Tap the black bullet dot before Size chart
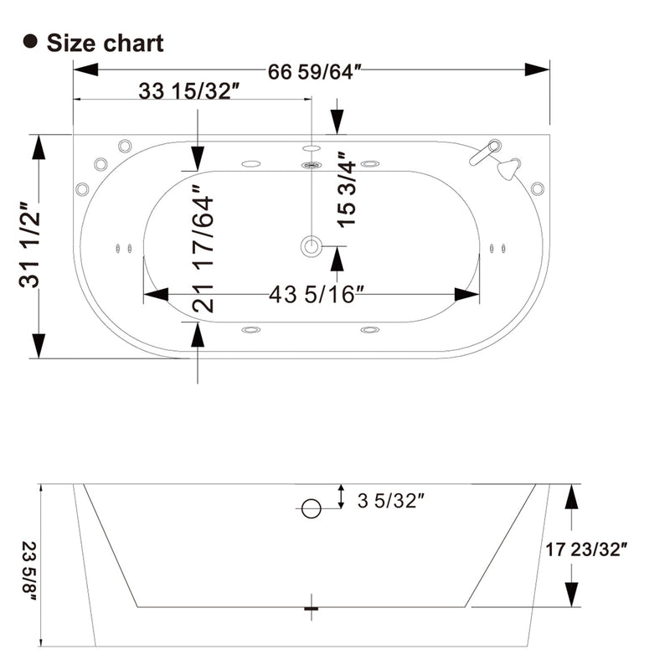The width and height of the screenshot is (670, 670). [x=32, y=42]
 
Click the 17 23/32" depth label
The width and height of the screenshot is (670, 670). [x=585, y=551]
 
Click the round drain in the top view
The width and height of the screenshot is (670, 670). [x=312, y=245]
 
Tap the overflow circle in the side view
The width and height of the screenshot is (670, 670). [x=311, y=508]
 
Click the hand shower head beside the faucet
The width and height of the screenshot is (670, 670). [x=508, y=168]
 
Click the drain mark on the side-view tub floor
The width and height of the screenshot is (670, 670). [x=312, y=607]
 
